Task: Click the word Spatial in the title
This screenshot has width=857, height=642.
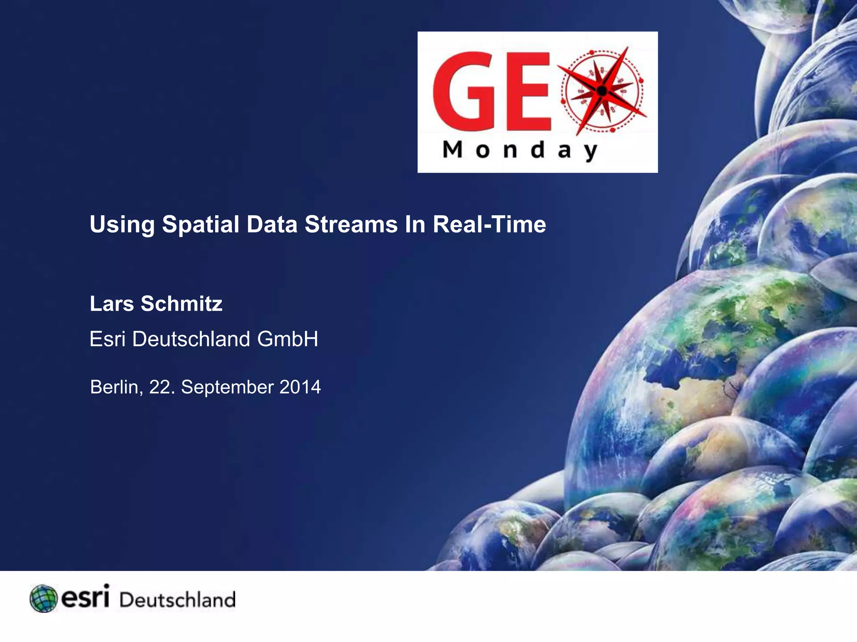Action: coord(200,225)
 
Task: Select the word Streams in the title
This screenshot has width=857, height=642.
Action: coord(351,224)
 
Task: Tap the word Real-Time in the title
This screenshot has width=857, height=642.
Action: coord(489,224)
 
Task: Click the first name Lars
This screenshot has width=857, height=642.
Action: coord(112,304)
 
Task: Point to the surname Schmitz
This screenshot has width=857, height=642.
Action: coord(182,304)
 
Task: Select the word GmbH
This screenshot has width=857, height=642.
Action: coord(287,339)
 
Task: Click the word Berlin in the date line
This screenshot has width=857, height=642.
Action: coord(114,387)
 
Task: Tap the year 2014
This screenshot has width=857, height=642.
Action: coord(300,387)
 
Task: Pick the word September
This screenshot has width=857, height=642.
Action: coord(227,387)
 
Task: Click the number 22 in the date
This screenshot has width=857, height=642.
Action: coord(159,387)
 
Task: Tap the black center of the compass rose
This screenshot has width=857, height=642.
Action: coord(602,90)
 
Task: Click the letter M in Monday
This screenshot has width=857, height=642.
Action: coord(453,150)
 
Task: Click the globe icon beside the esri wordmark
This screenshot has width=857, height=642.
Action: coord(44,599)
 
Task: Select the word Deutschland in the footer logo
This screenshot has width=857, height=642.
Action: coord(178,600)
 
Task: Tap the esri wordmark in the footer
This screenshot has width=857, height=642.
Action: coord(85,597)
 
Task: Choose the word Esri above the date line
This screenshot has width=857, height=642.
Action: coord(108,339)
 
